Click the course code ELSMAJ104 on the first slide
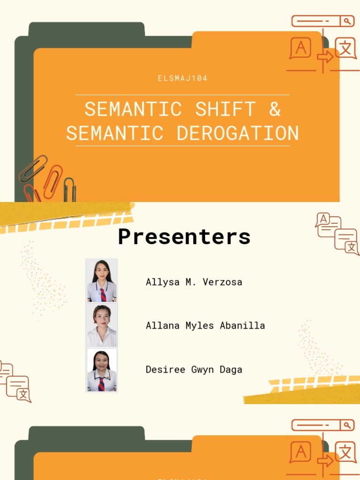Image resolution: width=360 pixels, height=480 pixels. [x=183, y=78]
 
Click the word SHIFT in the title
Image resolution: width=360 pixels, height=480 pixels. [x=225, y=109]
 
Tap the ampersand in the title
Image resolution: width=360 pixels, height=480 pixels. [x=275, y=109]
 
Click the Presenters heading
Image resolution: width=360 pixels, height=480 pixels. [x=184, y=237]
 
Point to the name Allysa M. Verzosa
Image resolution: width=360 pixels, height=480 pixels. [x=194, y=282]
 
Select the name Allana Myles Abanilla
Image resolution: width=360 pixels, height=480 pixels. [x=205, y=325]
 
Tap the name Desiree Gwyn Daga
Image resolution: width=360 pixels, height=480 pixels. [x=194, y=369]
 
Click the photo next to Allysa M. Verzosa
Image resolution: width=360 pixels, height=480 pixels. [x=102, y=280]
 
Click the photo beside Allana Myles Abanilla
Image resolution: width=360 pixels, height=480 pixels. [x=102, y=325]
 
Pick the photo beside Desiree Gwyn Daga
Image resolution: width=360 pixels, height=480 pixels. [x=102, y=370]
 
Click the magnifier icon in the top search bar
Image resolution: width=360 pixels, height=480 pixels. [x=347, y=21]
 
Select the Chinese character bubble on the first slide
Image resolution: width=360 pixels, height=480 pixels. [x=345, y=48]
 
